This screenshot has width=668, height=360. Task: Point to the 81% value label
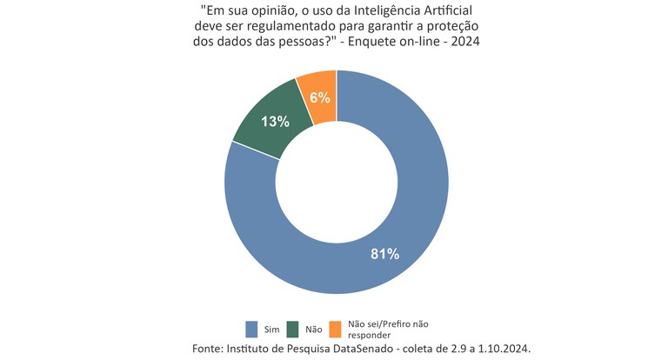[x=384, y=254]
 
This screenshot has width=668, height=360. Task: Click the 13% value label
[x=275, y=122]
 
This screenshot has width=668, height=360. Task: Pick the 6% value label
[x=320, y=97]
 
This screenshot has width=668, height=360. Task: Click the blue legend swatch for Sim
[x=251, y=329]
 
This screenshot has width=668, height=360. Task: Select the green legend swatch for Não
[x=291, y=329]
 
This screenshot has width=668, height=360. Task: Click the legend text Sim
[x=271, y=330]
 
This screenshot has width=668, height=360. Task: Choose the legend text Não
[x=314, y=330]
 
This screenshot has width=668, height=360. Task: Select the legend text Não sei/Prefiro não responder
[x=388, y=329]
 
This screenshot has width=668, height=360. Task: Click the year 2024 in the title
[x=463, y=43]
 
